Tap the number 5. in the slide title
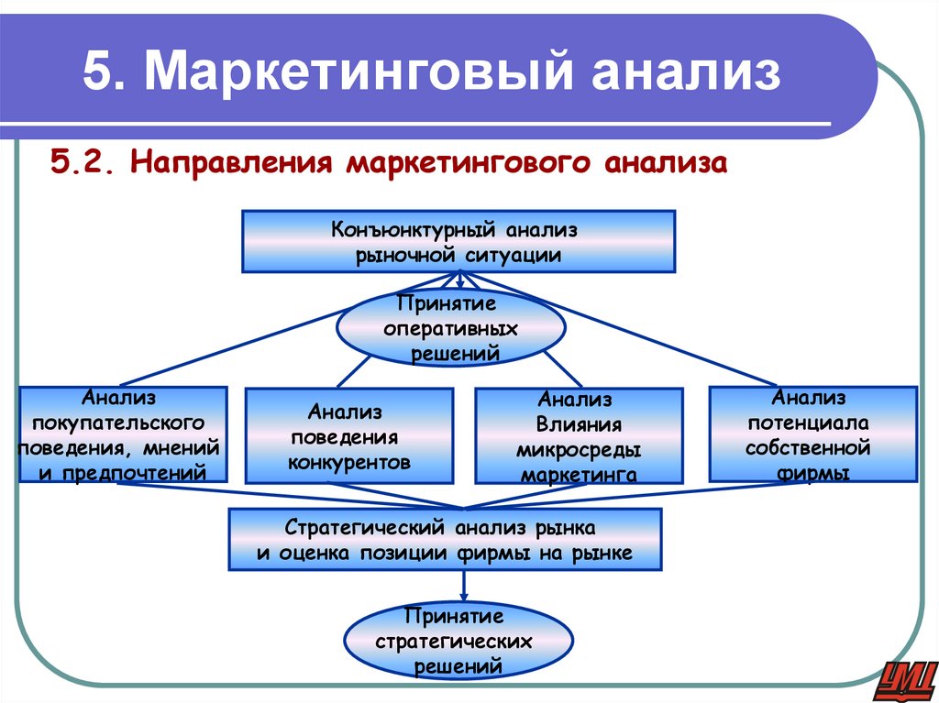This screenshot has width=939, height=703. pos(104,74)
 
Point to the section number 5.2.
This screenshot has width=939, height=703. pos(82,164)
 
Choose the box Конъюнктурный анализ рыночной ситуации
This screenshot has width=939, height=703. pos(458,241)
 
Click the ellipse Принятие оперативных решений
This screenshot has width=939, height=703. pos(448,327)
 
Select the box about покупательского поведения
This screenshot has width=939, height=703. pos(123,434)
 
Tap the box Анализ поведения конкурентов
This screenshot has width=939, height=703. pos(348,436)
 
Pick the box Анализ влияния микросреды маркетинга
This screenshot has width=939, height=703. pos(579,436)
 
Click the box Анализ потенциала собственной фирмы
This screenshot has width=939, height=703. pos(813,434)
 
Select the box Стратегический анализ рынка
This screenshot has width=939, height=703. pos(444,541)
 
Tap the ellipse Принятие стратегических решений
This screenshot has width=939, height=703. pos(458,640)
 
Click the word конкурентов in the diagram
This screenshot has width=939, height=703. pos(348,462)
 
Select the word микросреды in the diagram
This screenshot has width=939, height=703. pos(579,450)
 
